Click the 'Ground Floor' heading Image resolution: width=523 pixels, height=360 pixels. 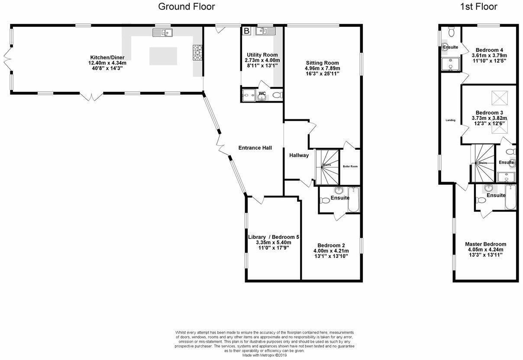point(186,6)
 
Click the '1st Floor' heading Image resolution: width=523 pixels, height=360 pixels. point(479,6)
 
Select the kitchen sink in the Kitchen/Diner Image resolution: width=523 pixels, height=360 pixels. point(162,32)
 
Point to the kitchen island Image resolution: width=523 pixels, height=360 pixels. point(163,56)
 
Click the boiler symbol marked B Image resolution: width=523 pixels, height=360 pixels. point(246,31)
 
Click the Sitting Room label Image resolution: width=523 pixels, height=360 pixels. point(322,62)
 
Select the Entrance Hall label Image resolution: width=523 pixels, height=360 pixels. point(255,148)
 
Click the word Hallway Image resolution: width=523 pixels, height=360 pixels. point(299,155)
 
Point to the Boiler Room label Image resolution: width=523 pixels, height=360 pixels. point(350,166)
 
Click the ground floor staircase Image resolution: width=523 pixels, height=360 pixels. point(327,166)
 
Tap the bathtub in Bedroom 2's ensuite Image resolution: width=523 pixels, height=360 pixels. point(354,199)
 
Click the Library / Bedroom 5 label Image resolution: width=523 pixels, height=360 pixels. point(274,237)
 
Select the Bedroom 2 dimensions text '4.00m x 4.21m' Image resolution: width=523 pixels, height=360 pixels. point(331,251)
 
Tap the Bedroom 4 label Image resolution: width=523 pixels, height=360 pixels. point(489,50)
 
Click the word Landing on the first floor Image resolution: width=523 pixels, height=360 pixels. point(450,120)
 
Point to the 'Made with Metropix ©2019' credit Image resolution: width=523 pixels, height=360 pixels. point(264,356)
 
